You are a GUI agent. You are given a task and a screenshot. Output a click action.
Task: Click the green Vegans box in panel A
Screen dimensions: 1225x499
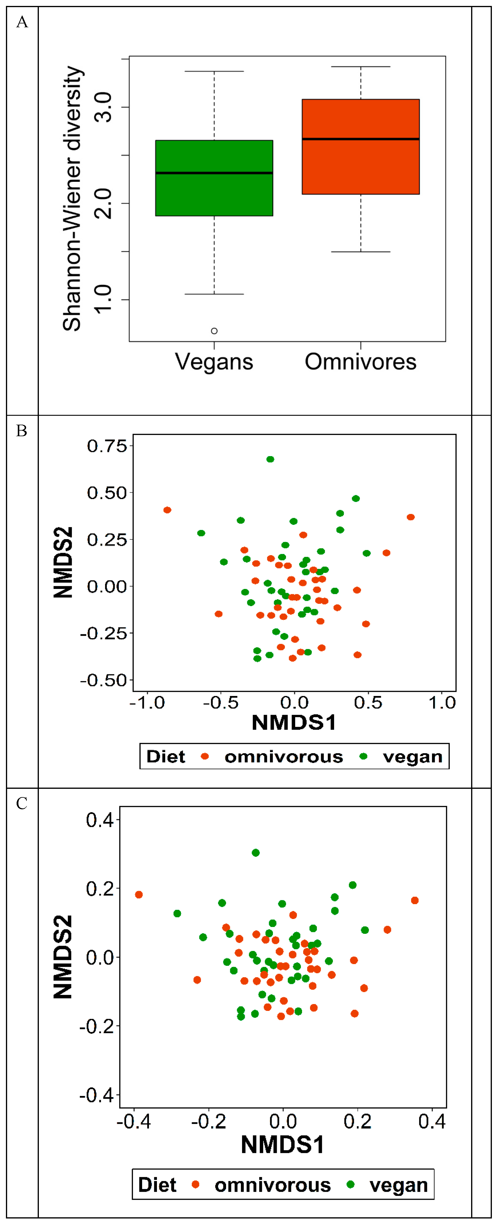coord(214,195)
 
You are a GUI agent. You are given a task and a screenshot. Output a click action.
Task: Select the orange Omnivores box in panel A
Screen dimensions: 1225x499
coord(360,166)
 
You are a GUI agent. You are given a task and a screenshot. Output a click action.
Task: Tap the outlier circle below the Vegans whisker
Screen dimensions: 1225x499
coord(214,331)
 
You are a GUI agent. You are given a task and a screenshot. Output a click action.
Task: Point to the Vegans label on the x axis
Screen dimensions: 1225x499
coord(214,362)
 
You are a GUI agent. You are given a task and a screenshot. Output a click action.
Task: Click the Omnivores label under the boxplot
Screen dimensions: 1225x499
coord(360,362)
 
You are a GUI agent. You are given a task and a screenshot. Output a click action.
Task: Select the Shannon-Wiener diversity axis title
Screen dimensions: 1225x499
coord(72,198)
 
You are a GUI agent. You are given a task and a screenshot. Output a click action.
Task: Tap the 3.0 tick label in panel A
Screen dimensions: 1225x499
coord(103,107)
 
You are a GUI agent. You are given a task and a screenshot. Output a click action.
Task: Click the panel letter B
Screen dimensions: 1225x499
coord(21,431)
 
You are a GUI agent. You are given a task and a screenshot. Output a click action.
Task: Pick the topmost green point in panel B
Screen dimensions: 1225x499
coord(270,459)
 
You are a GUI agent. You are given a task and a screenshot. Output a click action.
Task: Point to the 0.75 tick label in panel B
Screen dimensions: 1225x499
coord(107,446)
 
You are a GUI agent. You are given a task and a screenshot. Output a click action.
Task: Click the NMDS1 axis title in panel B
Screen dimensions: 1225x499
coord(294,723)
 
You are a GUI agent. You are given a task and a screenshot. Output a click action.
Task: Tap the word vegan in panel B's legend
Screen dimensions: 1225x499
coord(412,756)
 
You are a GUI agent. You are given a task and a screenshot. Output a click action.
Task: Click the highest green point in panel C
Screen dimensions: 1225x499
coord(255,853)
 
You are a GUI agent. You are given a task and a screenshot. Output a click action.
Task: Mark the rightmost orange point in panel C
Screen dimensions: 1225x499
coord(415,901)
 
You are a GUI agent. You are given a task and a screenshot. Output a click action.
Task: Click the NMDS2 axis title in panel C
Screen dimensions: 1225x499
coord(63,957)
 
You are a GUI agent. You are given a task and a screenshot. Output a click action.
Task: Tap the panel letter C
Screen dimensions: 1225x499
coord(21,804)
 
